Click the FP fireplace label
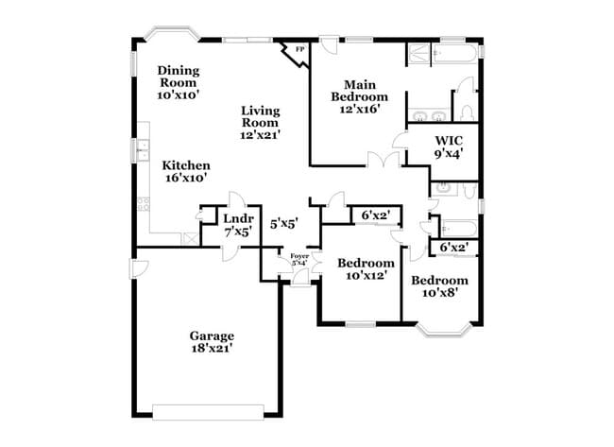[x=300, y=49]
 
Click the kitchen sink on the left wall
[x=142, y=148]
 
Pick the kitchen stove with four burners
[x=145, y=201]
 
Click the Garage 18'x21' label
[x=211, y=342]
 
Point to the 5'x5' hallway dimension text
[x=283, y=224]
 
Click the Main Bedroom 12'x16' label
[x=358, y=96]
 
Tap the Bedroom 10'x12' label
[x=366, y=268]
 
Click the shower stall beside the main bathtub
[x=418, y=54]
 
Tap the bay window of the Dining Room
[x=171, y=35]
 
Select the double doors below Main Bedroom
[x=383, y=163]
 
